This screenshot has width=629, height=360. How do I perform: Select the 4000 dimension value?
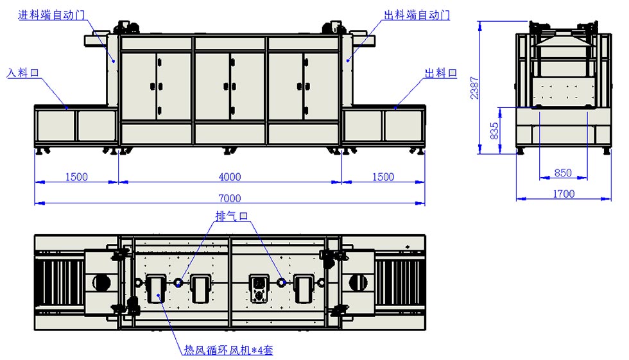[229, 177]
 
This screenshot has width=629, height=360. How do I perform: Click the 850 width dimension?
[563, 173]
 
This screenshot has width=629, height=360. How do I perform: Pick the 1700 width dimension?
[564, 193]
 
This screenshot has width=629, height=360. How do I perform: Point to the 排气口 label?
[232, 217]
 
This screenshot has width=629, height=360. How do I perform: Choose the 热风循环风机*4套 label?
[228, 350]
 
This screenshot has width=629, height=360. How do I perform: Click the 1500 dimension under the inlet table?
[76, 177]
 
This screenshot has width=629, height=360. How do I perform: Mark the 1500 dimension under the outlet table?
[383, 177]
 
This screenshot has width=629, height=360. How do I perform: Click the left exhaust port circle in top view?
[178, 282]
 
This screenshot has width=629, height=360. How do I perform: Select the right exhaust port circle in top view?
[280, 282]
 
